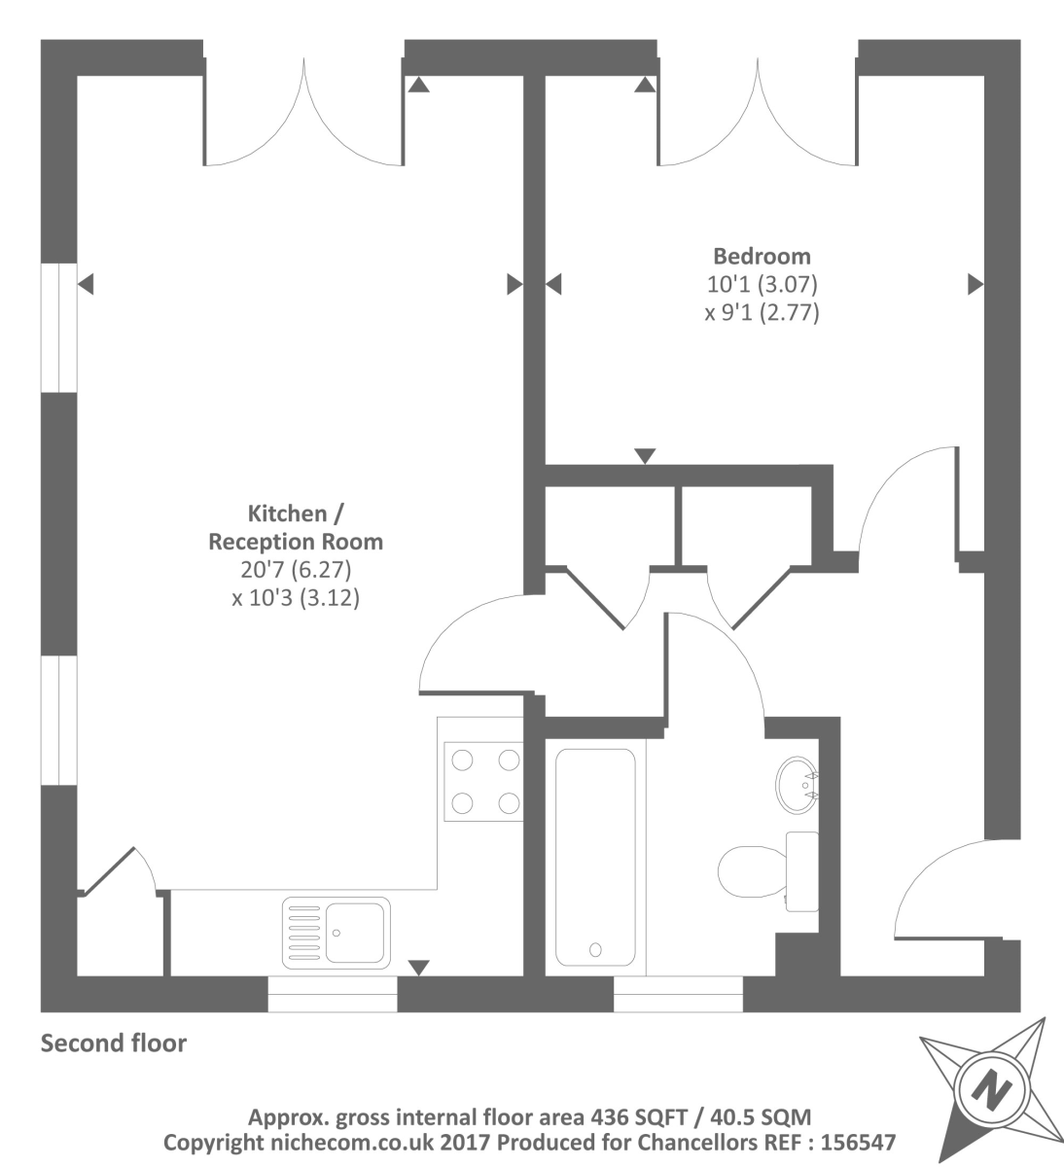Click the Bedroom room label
pyautogui.click(x=762, y=257)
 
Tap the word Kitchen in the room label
pyautogui.click(x=288, y=513)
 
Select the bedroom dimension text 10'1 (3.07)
pyautogui.click(x=762, y=285)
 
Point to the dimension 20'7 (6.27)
pyautogui.click(x=296, y=570)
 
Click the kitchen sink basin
pyautogui.click(x=354, y=933)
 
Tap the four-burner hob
pyautogui.click(x=484, y=781)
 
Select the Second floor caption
pyautogui.click(x=114, y=1043)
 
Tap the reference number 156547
pyautogui.click(x=858, y=1142)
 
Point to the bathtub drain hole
pyautogui.click(x=595, y=949)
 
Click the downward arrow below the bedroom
pyautogui.click(x=645, y=456)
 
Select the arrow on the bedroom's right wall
pyautogui.click(x=975, y=285)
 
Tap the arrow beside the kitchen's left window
pyautogui.click(x=86, y=285)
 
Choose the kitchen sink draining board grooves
pyautogui.click(x=304, y=933)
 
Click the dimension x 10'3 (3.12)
pyautogui.click(x=296, y=598)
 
